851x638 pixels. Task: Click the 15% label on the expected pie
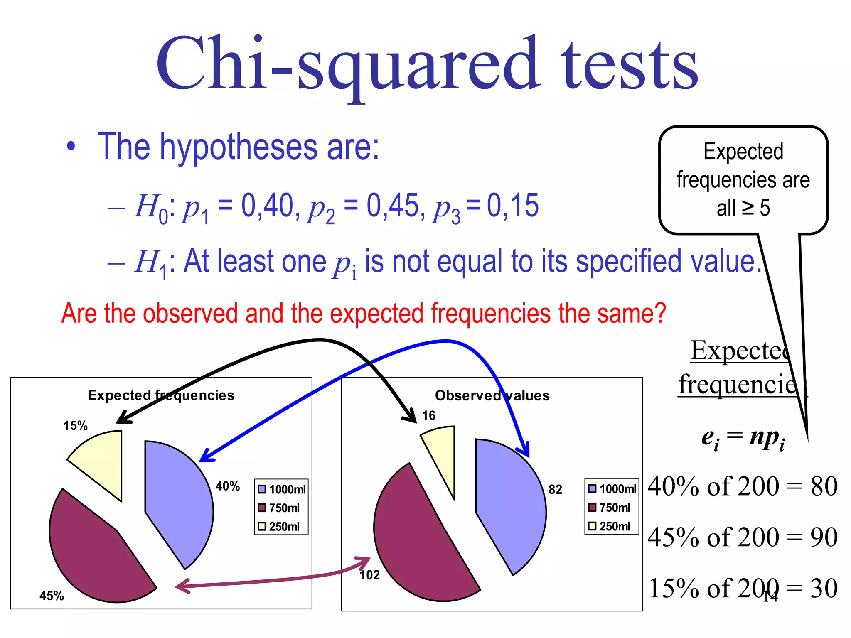click(75, 426)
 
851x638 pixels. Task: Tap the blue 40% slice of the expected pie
click(179, 503)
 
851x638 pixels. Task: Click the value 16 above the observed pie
click(428, 415)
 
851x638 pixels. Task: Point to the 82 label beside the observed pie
click(555, 490)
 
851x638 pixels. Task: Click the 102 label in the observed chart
click(369, 575)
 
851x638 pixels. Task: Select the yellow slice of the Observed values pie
click(443, 453)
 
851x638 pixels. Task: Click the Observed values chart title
click(492, 395)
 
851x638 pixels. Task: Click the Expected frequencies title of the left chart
click(161, 395)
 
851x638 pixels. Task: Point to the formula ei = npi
click(743, 438)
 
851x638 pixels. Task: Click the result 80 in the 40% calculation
click(824, 486)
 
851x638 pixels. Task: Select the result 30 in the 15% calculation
click(824, 588)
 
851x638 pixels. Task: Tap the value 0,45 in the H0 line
click(393, 206)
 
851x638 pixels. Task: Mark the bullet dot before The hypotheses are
click(71, 147)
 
